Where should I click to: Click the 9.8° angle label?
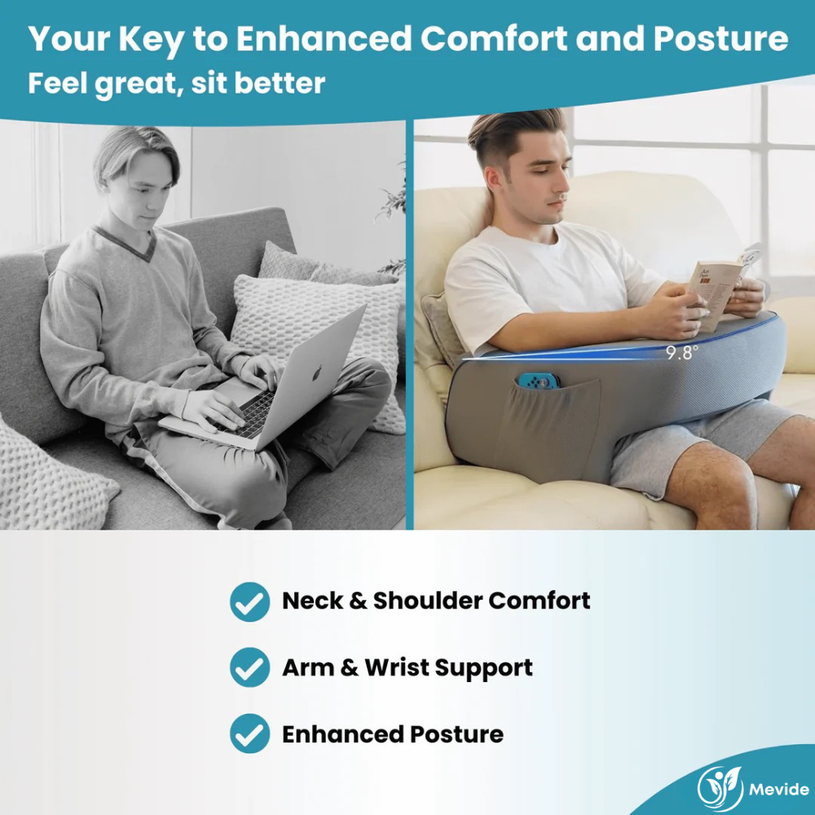click(x=682, y=354)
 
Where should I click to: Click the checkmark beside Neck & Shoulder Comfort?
click(x=249, y=601)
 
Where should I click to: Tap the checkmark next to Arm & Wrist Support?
click(x=249, y=667)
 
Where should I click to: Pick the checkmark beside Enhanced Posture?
click(x=249, y=733)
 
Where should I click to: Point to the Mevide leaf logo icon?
click(x=720, y=787)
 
